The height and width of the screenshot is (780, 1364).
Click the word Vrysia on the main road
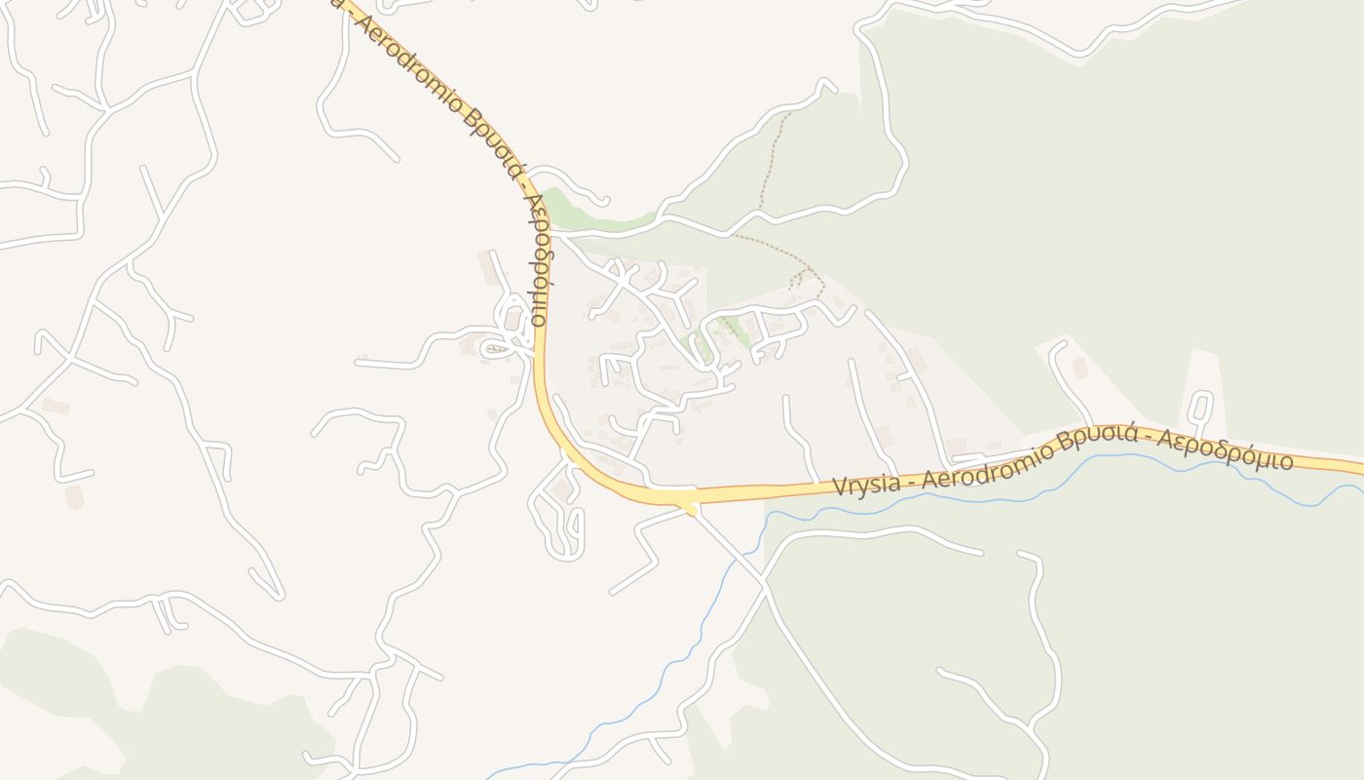click(869, 485)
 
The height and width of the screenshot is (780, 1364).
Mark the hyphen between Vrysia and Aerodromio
click(914, 481)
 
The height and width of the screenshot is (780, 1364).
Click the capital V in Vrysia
click(840, 487)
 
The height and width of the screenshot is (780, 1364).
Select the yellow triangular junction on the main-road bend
click(692, 505)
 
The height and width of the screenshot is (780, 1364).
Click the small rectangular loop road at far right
click(1200, 407)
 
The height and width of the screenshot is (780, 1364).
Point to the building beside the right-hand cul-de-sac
click(1080, 368)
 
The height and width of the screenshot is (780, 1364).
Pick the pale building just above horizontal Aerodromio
click(957, 446)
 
